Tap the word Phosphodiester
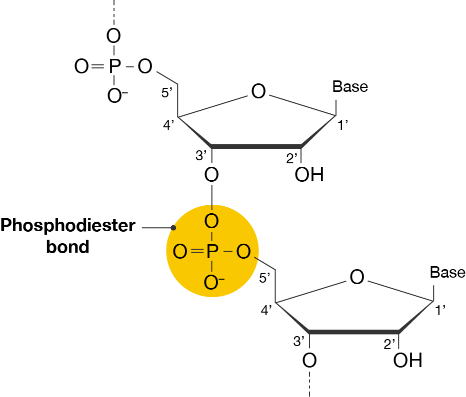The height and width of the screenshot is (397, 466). click(67, 226)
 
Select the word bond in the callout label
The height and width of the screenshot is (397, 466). click(67, 247)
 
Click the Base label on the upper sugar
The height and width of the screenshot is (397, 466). click(350, 86)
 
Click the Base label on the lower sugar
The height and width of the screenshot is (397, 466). click(447, 273)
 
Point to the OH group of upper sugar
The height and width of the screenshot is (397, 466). click(309, 175)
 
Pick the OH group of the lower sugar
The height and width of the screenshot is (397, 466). click(407, 360)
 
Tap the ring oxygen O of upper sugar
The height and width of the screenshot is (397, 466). click(258, 92)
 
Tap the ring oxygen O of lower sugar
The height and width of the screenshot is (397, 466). click(356, 278)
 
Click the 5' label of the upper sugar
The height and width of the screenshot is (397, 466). click(167, 93)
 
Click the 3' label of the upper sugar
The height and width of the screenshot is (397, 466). click(201, 156)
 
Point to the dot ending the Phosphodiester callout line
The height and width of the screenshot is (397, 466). click(173, 228)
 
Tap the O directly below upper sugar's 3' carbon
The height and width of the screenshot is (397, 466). click(212, 175)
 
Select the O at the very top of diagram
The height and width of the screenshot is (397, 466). click(114, 36)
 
